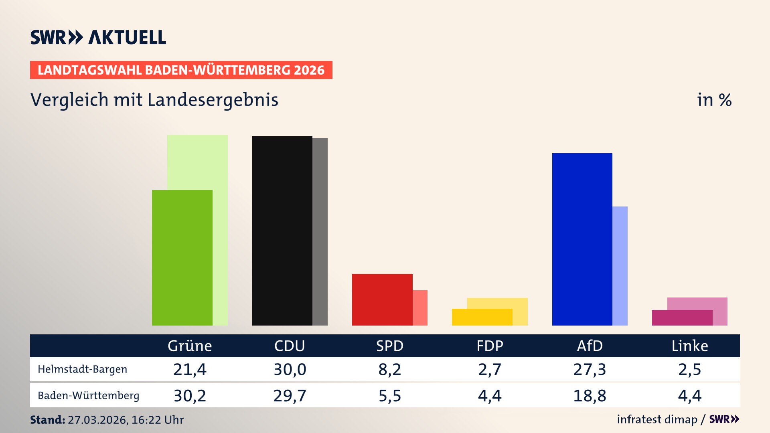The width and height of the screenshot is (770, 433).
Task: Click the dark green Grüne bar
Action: click(x=182, y=257)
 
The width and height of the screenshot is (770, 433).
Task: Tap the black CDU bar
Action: click(x=282, y=231)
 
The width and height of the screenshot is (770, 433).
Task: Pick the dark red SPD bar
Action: click(x=382, y=299)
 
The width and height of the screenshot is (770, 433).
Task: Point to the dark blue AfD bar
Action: click(x=582, y=239)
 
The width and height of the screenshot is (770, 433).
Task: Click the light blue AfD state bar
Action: click(x=620, y=265)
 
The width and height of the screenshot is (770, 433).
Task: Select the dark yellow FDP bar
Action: click(x=482, y=317)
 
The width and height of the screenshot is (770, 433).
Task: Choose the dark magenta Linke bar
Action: click(x=682, y=318)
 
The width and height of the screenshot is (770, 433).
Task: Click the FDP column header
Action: click(x=490, y=346)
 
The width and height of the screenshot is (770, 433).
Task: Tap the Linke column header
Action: click(x=690, y=346)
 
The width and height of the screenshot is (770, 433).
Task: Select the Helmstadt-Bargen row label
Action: click(x=82, y=369)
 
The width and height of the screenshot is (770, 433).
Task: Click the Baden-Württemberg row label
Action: click(x=88, y=395)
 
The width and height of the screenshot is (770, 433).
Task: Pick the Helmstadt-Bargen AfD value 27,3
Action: click(x=590, y=369)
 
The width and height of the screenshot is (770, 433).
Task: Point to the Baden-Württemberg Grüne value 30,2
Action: click(x=190, y=396)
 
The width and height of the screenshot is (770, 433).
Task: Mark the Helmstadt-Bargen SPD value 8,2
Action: click(x=389, y=369)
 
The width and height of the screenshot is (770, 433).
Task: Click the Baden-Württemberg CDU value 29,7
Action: click(x=290, y=396)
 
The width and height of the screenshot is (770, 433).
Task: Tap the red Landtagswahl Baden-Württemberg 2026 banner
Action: click(x=181, y=70)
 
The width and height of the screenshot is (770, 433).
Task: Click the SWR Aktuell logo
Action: click(x=98, y=37)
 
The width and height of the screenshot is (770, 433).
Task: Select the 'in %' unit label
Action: click(x=714, y=100)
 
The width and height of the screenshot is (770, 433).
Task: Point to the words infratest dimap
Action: click(x=657, y=419)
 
